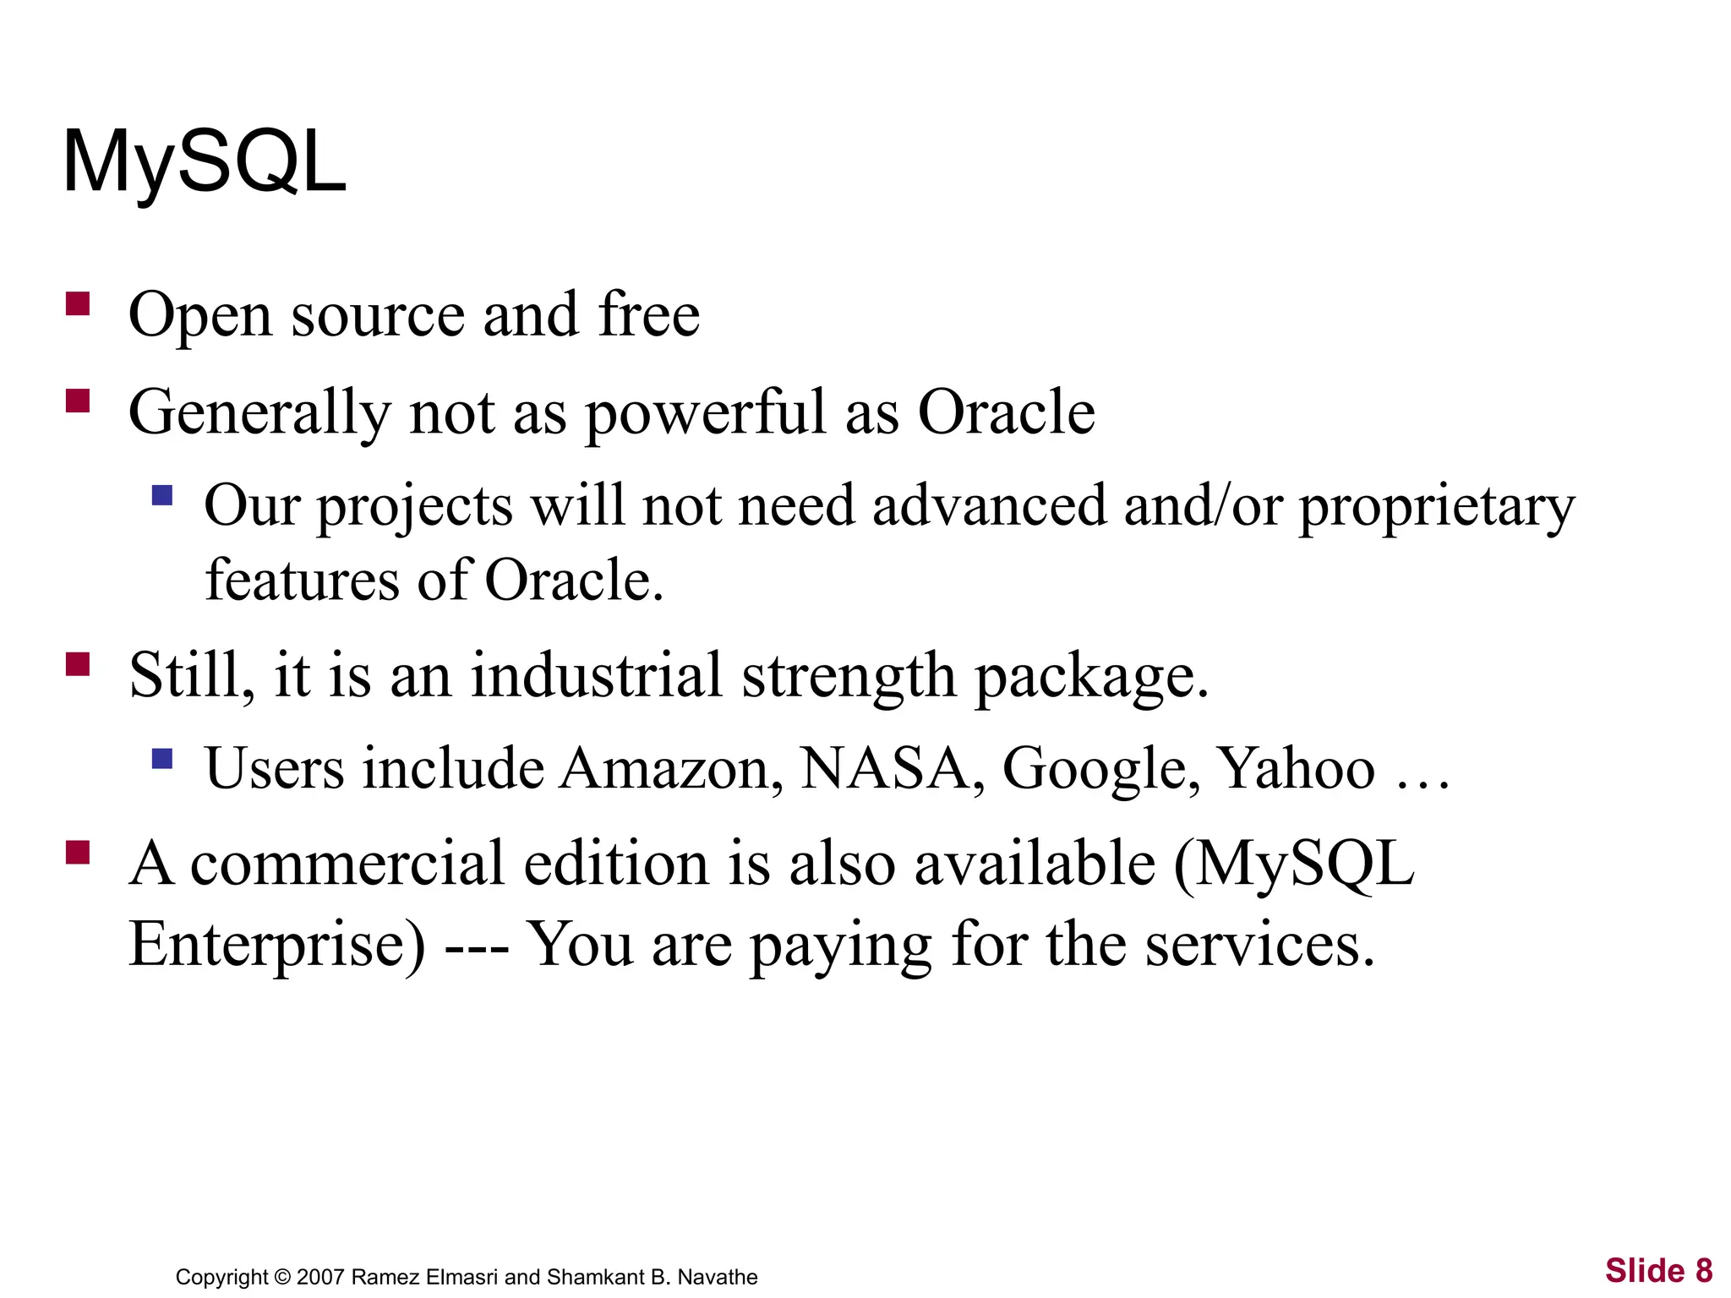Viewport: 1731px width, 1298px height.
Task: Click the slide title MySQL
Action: [x=205, y=162]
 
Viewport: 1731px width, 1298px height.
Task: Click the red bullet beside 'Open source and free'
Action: [x=78, y=303]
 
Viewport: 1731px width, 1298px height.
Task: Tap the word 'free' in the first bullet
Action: [x=649, y=314]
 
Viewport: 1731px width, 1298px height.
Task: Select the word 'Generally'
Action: [x=259, y=413]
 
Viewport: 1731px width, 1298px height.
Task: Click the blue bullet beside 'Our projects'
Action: [x=162, y=494]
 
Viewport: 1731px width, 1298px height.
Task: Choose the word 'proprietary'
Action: [x=1437, y=507]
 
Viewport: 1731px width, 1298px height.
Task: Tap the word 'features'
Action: [x=303, y=581]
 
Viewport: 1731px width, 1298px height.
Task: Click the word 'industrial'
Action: [x=596, y=675]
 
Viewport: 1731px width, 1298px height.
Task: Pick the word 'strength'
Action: [x=849, y=677]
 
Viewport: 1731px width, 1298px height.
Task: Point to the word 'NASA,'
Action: [x=892, y=769]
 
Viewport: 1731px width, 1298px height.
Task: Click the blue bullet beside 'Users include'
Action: [x=162, y=758]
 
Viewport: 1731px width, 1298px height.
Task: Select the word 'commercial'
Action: [x=347, y=864]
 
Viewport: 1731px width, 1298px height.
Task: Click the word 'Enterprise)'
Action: [x=277, y=945]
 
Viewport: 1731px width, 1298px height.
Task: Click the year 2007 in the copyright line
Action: [x=320, y=1277]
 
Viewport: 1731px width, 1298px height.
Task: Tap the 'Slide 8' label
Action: [x=1658, y=1271]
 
